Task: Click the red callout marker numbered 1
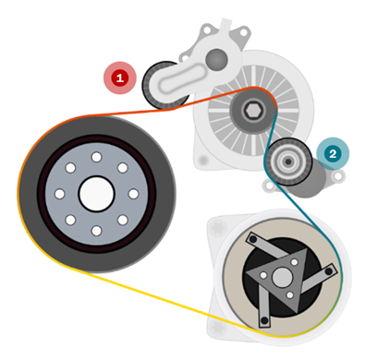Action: [x=120, y=78]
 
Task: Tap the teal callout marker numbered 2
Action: [x=333, y=153]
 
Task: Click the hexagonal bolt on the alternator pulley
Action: [x=253, y=111]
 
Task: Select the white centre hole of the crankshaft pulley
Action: [x=96, y=194]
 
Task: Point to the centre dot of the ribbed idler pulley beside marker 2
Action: [x=288, y=162]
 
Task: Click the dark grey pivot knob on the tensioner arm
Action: [x=216, y=60]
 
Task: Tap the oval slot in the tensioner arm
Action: [x=181, y=80]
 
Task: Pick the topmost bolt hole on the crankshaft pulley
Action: [x=96, y=157]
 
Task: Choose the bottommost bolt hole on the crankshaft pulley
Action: [x=96, y=231]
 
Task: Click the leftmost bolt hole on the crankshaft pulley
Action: [x=60, y=194]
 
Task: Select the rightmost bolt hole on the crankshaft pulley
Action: [x=133, y=194]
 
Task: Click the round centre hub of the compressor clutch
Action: [x=282, y=278]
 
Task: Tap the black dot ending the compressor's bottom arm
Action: [x=264, y=320]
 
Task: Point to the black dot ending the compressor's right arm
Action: [x=329, y=271]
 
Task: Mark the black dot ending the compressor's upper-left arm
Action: [x=253, y=239]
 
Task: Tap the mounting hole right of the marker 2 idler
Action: [x=338, y=176]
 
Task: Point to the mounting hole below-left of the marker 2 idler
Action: [x=270, y=186]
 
